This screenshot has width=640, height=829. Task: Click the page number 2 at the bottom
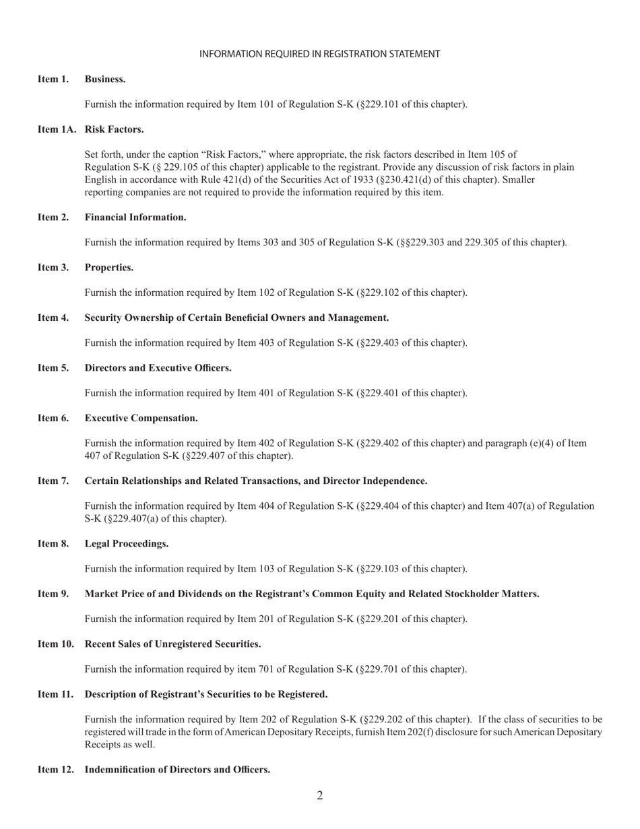[320, 796]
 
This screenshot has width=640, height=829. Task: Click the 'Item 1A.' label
[57, 129]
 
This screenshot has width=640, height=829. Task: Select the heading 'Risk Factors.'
[114, 129]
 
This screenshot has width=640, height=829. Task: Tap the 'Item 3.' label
[53, 268]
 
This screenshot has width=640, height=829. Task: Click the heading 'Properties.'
[109, 268]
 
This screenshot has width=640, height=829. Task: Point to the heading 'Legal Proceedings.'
[127, 544]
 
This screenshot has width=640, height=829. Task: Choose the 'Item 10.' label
[56, 644]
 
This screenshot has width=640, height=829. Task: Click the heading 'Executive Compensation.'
[141, 419]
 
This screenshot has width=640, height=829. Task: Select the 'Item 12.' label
[56, 770]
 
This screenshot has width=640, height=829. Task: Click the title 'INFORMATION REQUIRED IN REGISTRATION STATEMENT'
[320, 54]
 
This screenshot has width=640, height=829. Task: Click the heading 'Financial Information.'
[135, 218]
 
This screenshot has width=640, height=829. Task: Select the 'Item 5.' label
[53, 368]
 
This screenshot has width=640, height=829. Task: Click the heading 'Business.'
[105, 80]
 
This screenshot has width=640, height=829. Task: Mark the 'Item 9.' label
[53, 594]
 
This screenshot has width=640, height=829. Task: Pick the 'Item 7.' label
[53, 481]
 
